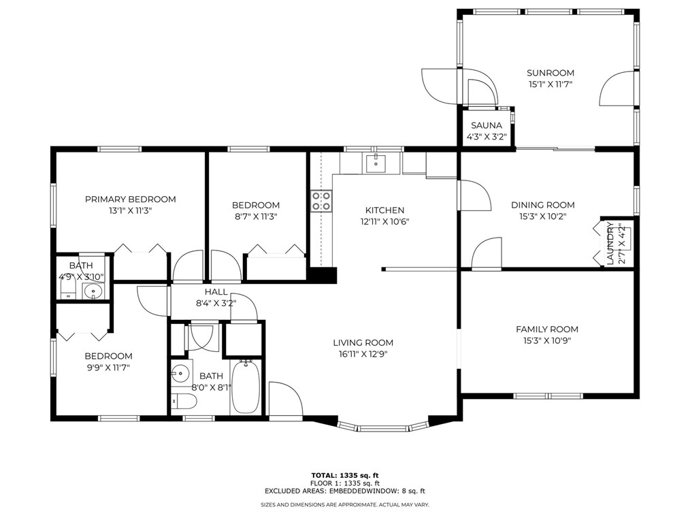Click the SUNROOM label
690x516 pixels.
point(551,73)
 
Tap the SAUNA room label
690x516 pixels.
point(487,125)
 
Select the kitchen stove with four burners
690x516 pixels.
point(322,201)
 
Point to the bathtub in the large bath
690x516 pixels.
point(246,386)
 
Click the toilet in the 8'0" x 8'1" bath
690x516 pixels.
point(184,401)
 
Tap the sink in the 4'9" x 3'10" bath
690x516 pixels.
point(93,291)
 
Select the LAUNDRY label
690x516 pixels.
point(610,244)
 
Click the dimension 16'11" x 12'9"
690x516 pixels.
point(363,353)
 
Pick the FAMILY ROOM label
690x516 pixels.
point(547,329)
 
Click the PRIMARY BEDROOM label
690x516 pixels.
point(130,199)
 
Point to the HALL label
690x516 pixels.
point(216,291)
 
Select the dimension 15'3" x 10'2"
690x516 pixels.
point(542,216)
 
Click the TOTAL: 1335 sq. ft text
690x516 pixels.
point(344,475)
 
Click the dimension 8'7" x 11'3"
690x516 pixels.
point(256,216)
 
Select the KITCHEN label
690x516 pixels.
point(384,210)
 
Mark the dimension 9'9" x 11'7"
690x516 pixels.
point(108,367)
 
